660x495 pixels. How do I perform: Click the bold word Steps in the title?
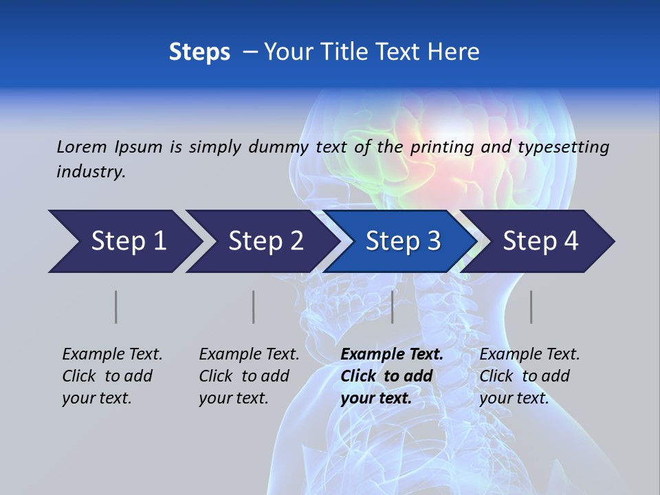[199, 52]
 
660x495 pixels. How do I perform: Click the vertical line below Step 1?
[116, 307]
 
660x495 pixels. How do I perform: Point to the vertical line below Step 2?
[254, 307]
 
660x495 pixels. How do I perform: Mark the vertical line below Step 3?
[393, 307]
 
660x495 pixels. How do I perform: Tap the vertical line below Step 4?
[531, 307]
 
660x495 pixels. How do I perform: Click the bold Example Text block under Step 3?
[392, 376]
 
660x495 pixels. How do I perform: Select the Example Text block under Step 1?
[112, 376]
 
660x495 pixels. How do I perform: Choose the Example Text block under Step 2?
[249, 376]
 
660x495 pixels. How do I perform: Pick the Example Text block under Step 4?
[529, 376]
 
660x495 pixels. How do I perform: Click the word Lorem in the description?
[82, 146]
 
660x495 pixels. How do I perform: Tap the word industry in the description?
[91, 172]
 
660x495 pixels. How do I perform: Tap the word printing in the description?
[440, 147]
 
